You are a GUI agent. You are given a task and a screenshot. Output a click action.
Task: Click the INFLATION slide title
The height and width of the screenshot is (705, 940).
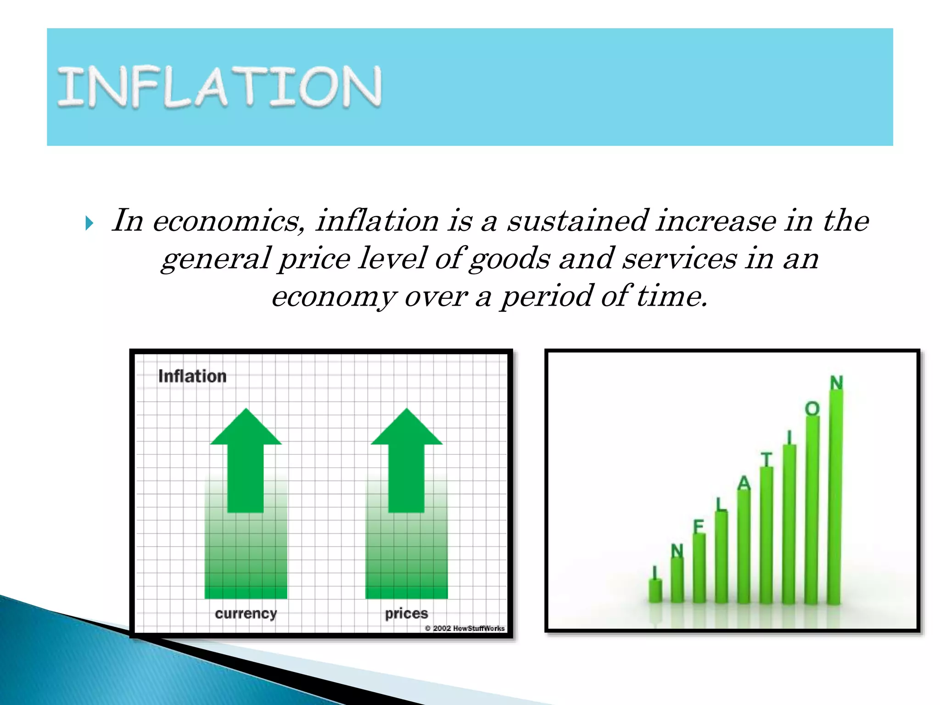[219, 87]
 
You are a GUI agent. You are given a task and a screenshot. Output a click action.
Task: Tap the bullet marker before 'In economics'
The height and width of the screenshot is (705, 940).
[90, 224]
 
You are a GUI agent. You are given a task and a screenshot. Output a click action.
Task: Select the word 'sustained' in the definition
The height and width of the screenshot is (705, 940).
[578, 221]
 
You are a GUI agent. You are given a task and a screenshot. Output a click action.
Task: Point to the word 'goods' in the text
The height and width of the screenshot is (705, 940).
[509, 259]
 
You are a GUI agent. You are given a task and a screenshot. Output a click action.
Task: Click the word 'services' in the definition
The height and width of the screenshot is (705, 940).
[680, 258]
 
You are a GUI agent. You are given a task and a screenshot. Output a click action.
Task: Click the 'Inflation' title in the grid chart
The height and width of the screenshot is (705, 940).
[192, 376]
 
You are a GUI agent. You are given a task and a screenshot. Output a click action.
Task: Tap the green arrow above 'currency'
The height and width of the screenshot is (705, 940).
[246, 459]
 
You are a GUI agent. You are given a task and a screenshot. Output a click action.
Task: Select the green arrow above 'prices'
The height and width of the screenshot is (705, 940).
[407, 459]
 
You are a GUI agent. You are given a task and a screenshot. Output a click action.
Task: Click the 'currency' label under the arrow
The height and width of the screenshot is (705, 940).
[246, 614]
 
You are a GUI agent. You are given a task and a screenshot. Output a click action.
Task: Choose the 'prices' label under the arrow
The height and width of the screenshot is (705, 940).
[407, 614]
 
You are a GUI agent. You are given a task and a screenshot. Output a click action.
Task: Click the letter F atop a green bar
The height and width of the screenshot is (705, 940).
[699, 526]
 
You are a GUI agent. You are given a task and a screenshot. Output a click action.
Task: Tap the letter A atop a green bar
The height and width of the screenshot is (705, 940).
[744, 483]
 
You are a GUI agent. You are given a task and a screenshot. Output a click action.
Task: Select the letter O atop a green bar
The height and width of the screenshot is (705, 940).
[812, 408]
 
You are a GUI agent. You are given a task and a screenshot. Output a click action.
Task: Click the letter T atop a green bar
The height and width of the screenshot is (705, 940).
[767, 459]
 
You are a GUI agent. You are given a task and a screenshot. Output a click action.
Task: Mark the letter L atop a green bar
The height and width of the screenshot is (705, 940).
[722, 504]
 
